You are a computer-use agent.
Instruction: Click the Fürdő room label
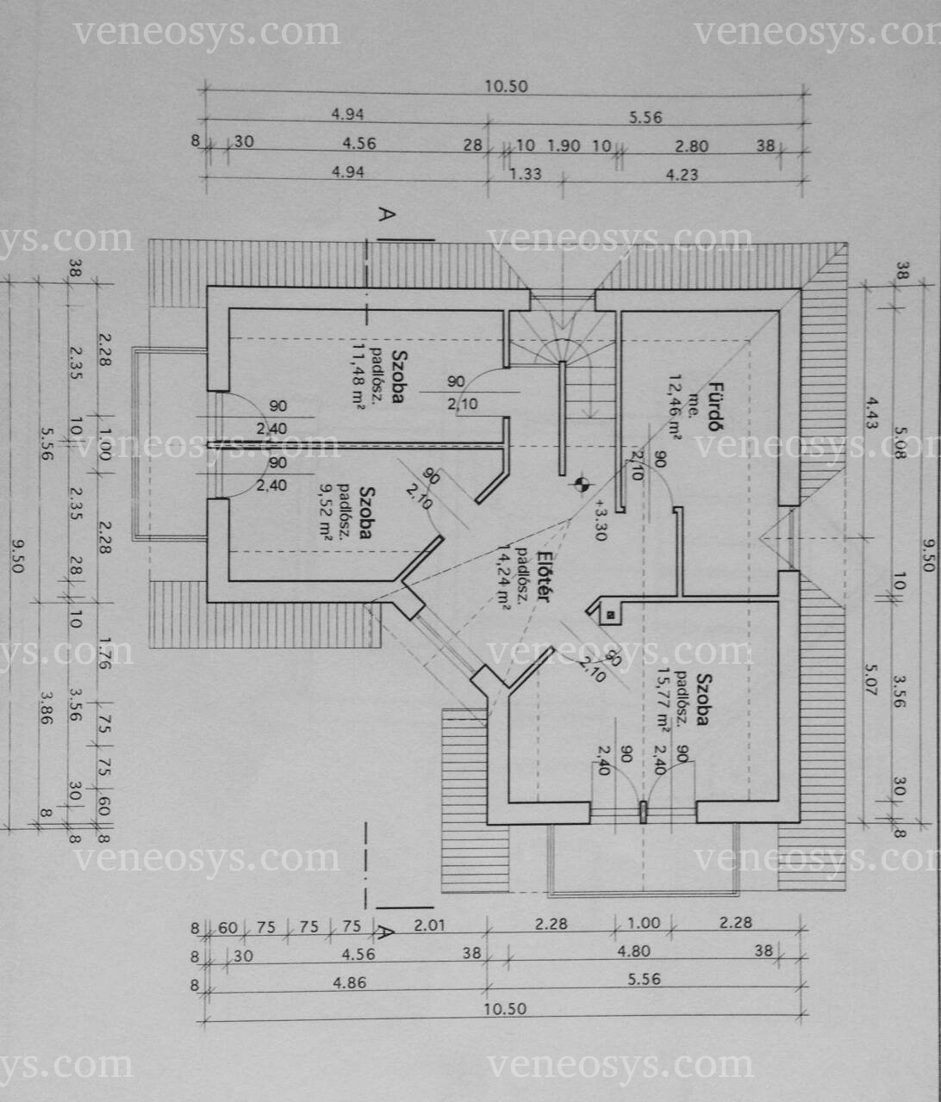coord(714,406)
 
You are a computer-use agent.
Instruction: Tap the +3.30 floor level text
coord(601,520)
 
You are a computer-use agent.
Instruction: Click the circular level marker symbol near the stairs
coord(582,484)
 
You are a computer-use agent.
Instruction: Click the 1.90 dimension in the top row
coord(564,145)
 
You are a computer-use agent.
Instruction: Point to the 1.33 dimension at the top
coord(525,174)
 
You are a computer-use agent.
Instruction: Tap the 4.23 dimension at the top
coord(682,174)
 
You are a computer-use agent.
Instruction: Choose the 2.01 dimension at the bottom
coord(429,925)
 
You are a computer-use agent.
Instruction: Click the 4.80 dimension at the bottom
coord(633,950)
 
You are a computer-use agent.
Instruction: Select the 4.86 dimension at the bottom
coord(350,982)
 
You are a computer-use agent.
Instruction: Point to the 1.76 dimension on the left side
coord(104,653)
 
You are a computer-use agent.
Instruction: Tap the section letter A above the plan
coord(387,214)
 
